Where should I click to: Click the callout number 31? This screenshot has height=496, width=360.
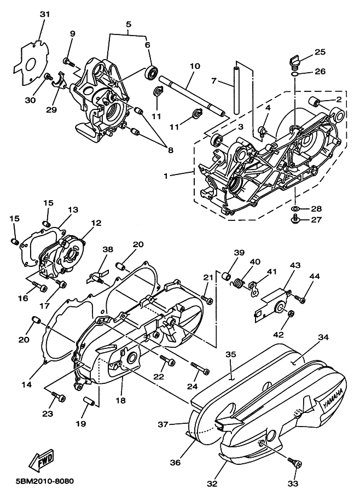tap(44, 14)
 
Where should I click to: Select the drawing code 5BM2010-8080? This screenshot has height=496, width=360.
tap(38, 482)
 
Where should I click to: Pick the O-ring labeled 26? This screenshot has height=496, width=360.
tap(295, 72)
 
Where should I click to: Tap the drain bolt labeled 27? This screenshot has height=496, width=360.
tap(295, 220)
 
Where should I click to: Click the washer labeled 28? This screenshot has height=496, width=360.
tap(295, 209)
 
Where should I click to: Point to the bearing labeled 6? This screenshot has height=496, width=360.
tap(151, 72)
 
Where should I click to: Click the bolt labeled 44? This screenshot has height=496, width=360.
tap(299, 299)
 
